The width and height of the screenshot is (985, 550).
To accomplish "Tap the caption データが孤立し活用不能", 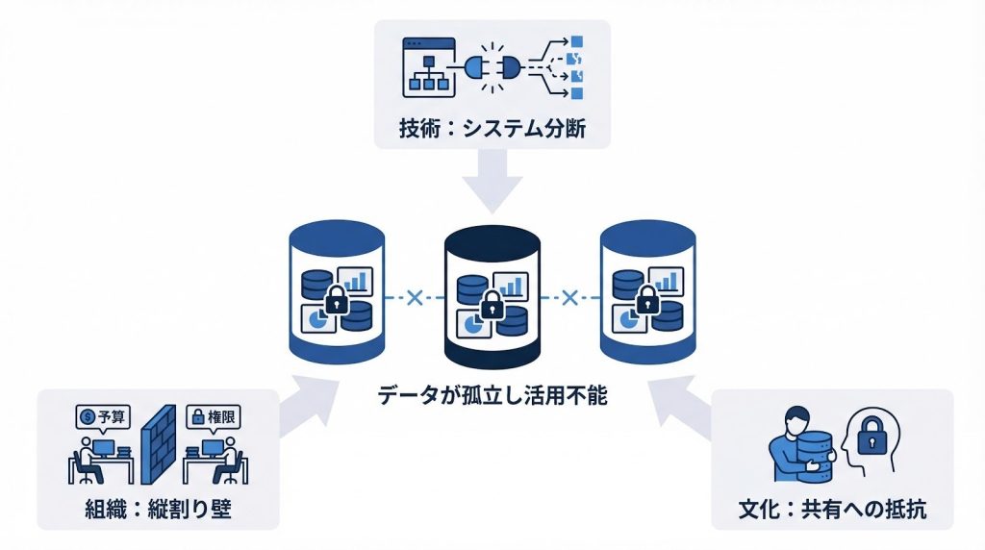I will tap(492, 395).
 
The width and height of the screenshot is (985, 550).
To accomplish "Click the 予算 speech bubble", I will tap(104, 416).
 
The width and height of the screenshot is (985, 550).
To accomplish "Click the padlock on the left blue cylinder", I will tap(336, 301).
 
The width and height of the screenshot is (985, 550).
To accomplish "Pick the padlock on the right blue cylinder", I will tap(646, 300).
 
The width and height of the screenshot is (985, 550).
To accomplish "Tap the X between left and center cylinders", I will tap(415, 299).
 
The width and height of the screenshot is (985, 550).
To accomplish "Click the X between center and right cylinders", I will tap(568, 299).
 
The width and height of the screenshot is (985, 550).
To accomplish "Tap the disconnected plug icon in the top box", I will tap(492, 67).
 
